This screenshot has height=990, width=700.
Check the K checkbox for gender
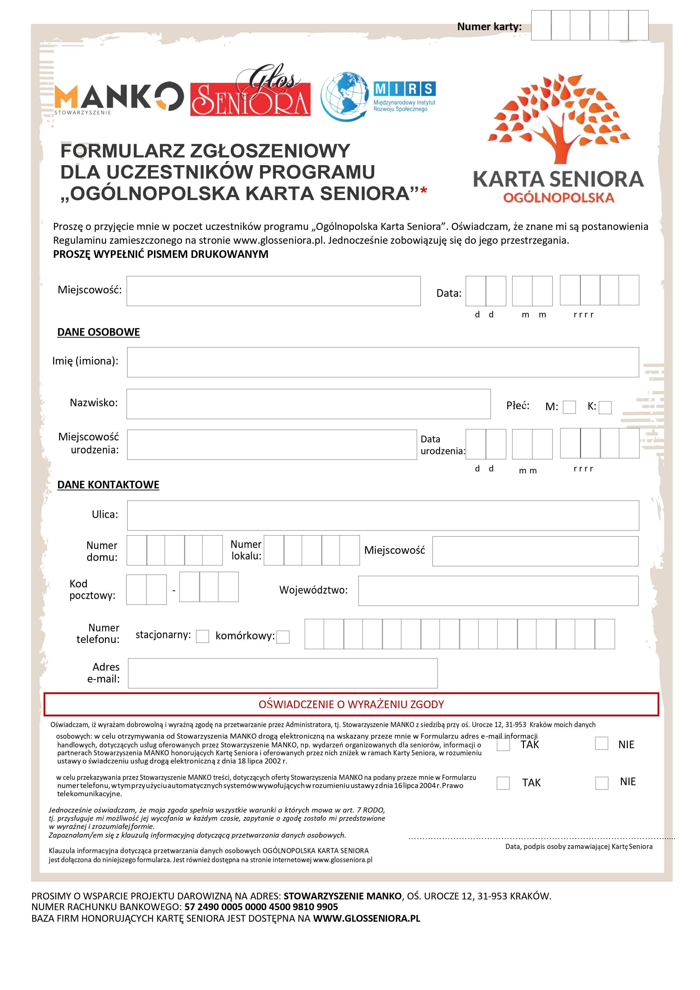click(x=605, y=407)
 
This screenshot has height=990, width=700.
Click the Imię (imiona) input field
click(x=383, y=362)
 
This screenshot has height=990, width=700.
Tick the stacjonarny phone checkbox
click(x=202, y=636)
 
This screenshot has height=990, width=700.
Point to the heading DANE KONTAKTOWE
click(x=108, y=485)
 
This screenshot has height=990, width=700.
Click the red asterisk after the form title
click(x=423, y=190)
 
